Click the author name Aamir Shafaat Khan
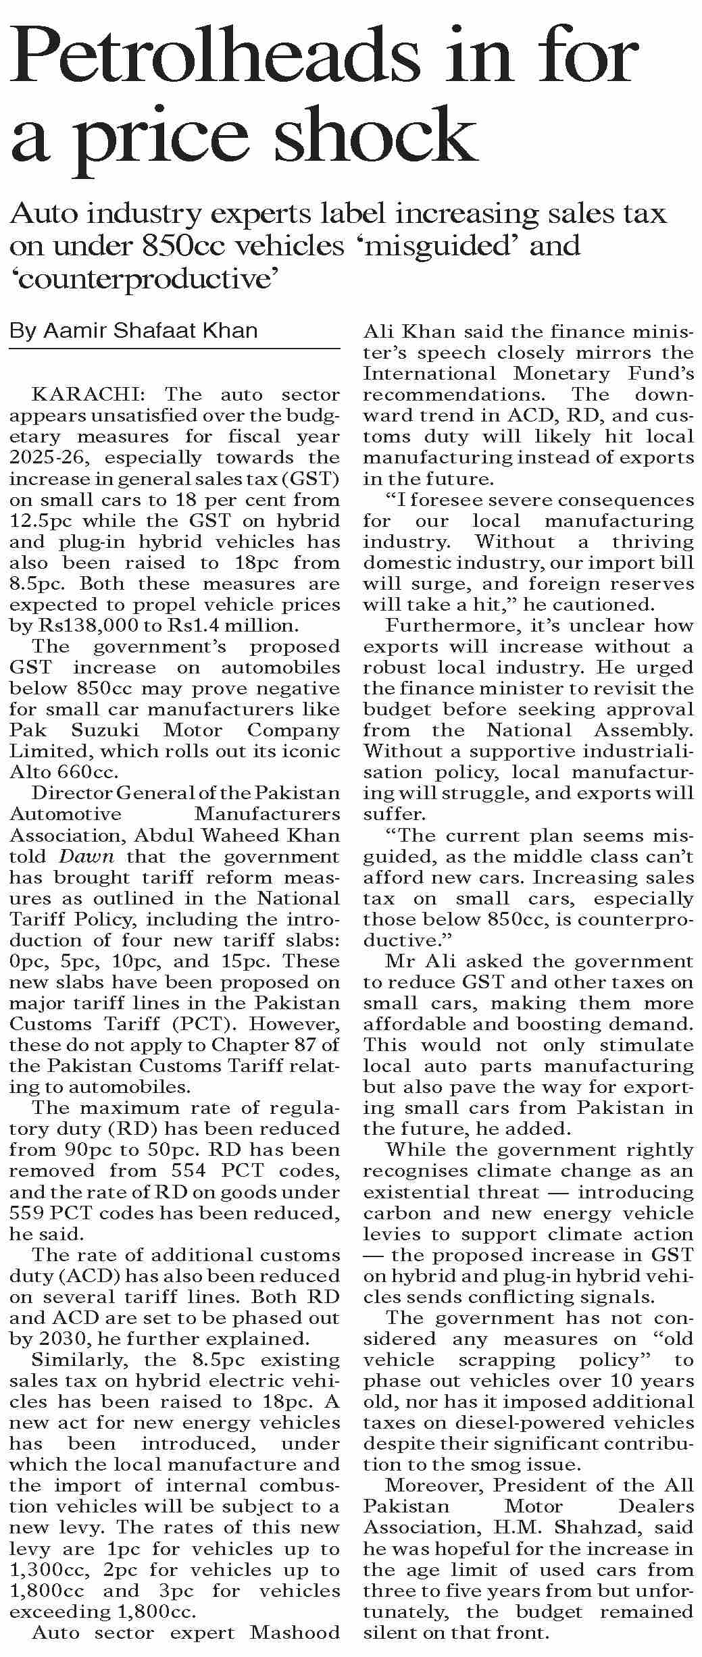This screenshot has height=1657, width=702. [x=150, y=330]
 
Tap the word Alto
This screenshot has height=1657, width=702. [x=30, y=772]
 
